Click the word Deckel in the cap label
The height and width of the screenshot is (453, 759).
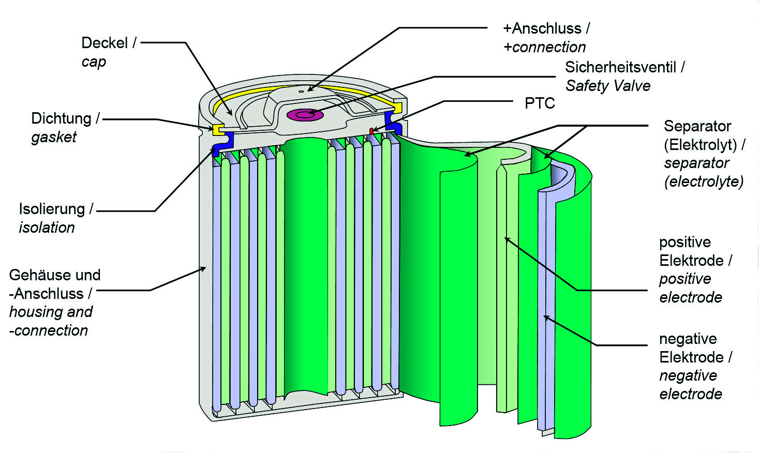click(105, 43)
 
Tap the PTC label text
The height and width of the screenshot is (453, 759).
click(539, 103)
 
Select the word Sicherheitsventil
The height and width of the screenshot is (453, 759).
click(620, 67)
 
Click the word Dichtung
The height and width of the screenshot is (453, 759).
click(61, 118)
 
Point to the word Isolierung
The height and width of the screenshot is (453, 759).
click(52, 209)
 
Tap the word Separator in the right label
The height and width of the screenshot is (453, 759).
click(697, 126)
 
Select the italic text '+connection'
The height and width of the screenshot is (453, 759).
click(544, 47)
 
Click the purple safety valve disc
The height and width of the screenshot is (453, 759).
click(304, 115)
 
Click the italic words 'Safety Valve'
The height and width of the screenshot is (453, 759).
click(607, 86)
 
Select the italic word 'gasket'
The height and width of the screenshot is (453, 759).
click(54, 137)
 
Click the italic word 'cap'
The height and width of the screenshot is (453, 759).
click(94, 62)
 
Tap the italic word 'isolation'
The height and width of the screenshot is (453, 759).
click(47, 228)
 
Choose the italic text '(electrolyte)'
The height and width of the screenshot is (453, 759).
click(704, 182)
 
